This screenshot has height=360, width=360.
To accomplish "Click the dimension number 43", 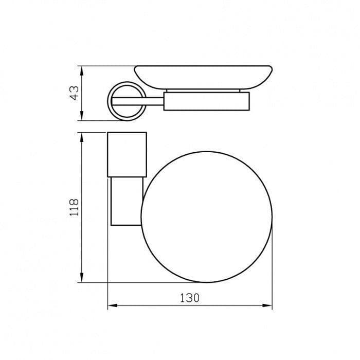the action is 74,93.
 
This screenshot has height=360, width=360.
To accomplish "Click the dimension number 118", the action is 74,207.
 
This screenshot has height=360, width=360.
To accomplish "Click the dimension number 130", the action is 189,298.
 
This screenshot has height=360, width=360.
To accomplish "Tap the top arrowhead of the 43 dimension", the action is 82,71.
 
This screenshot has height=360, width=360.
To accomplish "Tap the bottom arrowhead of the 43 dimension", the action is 82,116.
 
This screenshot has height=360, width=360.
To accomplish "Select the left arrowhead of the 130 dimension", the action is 113,305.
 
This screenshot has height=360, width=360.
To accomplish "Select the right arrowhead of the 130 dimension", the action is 267,305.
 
